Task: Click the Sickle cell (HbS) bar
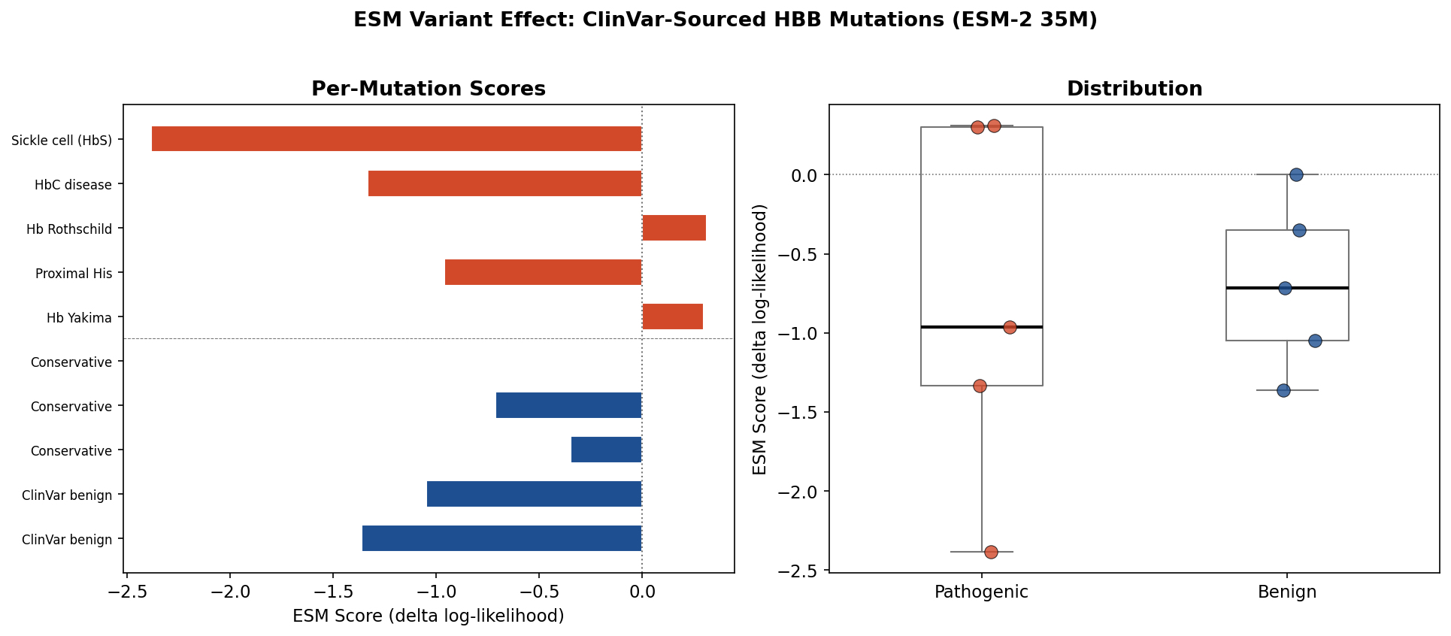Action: (397, 139)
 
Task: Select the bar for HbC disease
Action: (505, 183)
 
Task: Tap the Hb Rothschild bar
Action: (674, 228)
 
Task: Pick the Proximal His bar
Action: (544, 272)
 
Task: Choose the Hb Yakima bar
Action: (672, 316)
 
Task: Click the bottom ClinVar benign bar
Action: (502, 538)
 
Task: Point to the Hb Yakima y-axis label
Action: (79, 318)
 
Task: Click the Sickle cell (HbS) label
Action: (62, 141)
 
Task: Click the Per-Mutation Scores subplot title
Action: (429, 89)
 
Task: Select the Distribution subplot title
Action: (1134, 89)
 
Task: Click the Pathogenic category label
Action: (981, 592)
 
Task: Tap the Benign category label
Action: (1287, 592)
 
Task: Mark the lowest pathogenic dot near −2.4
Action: (991, 552)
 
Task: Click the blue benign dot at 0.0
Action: (1296, 174)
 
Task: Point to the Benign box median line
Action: (1287, 288)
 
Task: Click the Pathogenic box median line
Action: (981, 327)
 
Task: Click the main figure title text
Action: (725, 20)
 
